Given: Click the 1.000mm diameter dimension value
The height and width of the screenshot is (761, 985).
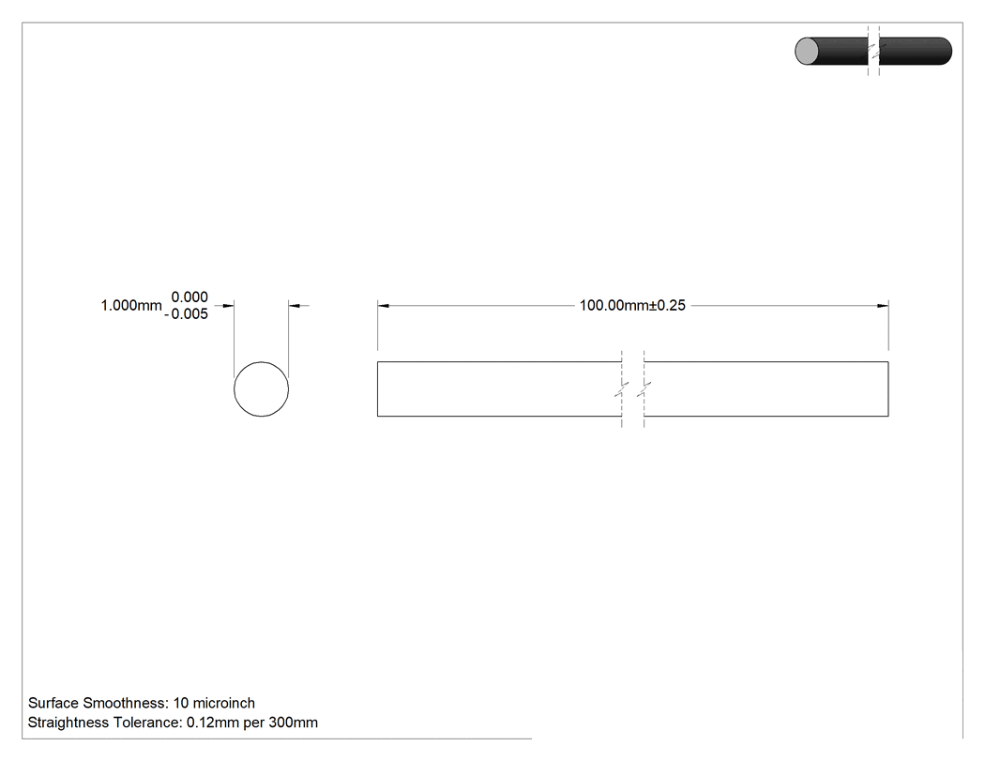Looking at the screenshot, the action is tap(131, 305).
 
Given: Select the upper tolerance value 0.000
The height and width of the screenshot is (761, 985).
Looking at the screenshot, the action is tap(189, 297).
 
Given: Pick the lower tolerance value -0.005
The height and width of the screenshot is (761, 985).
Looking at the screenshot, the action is tap(186, 314).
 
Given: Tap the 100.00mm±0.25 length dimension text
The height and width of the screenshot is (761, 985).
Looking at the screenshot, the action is tap(632, 305).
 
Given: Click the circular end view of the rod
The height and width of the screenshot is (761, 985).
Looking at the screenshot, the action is tap(235, 389).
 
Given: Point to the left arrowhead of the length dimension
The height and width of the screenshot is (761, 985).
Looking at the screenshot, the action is tap(383, 306).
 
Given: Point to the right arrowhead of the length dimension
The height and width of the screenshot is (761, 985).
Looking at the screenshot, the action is tap(883, 306).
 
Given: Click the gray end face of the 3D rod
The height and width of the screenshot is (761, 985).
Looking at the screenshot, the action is tap(807, 51).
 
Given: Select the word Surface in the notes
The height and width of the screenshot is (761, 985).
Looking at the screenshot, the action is tap(53, 703).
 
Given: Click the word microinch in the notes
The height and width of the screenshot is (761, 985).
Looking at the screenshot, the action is tap(223, 703).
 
